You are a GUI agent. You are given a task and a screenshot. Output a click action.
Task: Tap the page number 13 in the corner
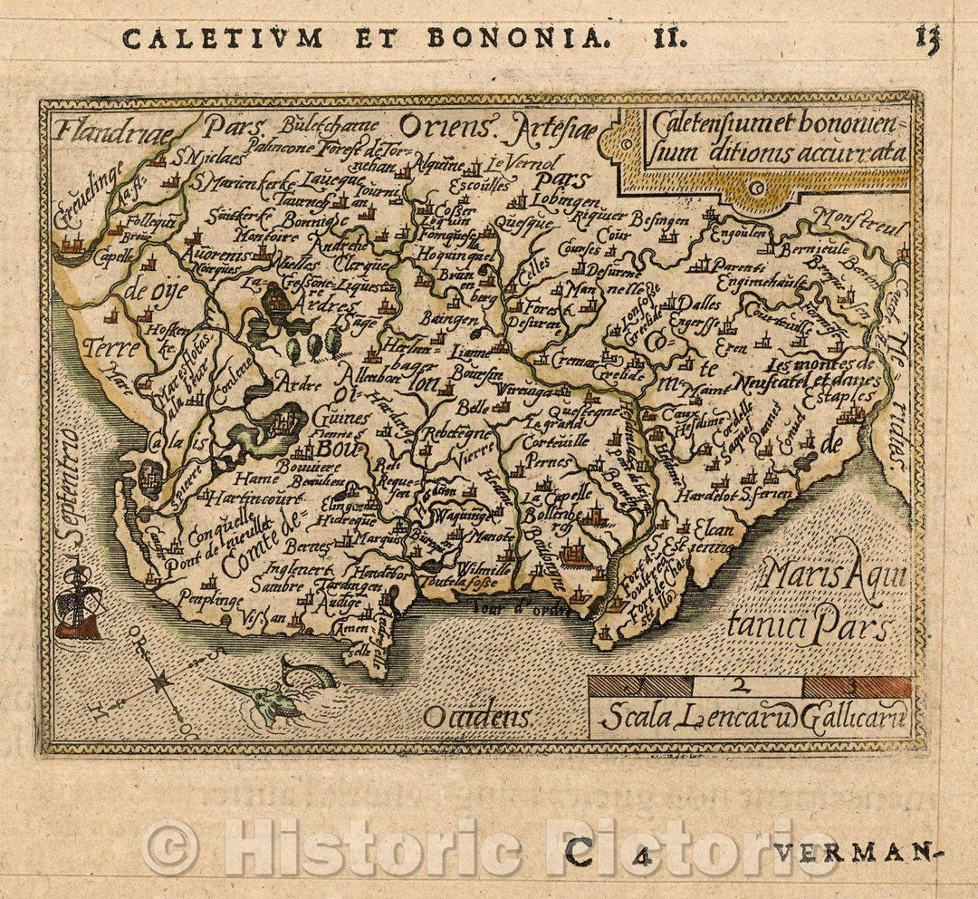click(927, 38)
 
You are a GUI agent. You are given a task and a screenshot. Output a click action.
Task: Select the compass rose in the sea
click(160, 682)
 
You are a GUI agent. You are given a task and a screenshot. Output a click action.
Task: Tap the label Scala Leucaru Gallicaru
click(749, 720)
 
